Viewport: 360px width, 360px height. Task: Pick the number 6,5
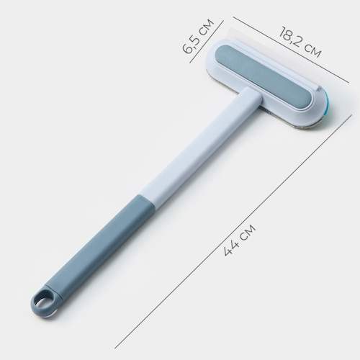pos(191,44)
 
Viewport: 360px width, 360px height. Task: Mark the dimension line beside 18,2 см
pos(302,61)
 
